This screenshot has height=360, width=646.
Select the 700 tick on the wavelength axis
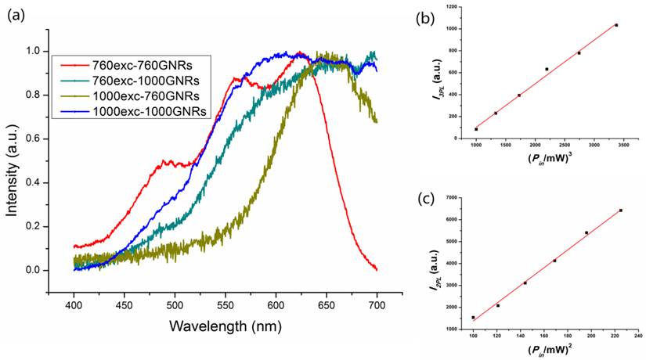click(x=377, y=297)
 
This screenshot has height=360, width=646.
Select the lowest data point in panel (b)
click(x=476, y=129)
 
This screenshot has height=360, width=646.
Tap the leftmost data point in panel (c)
click(x=473, y=318)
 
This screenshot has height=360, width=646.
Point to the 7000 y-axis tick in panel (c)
click(x=455, y=197)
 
